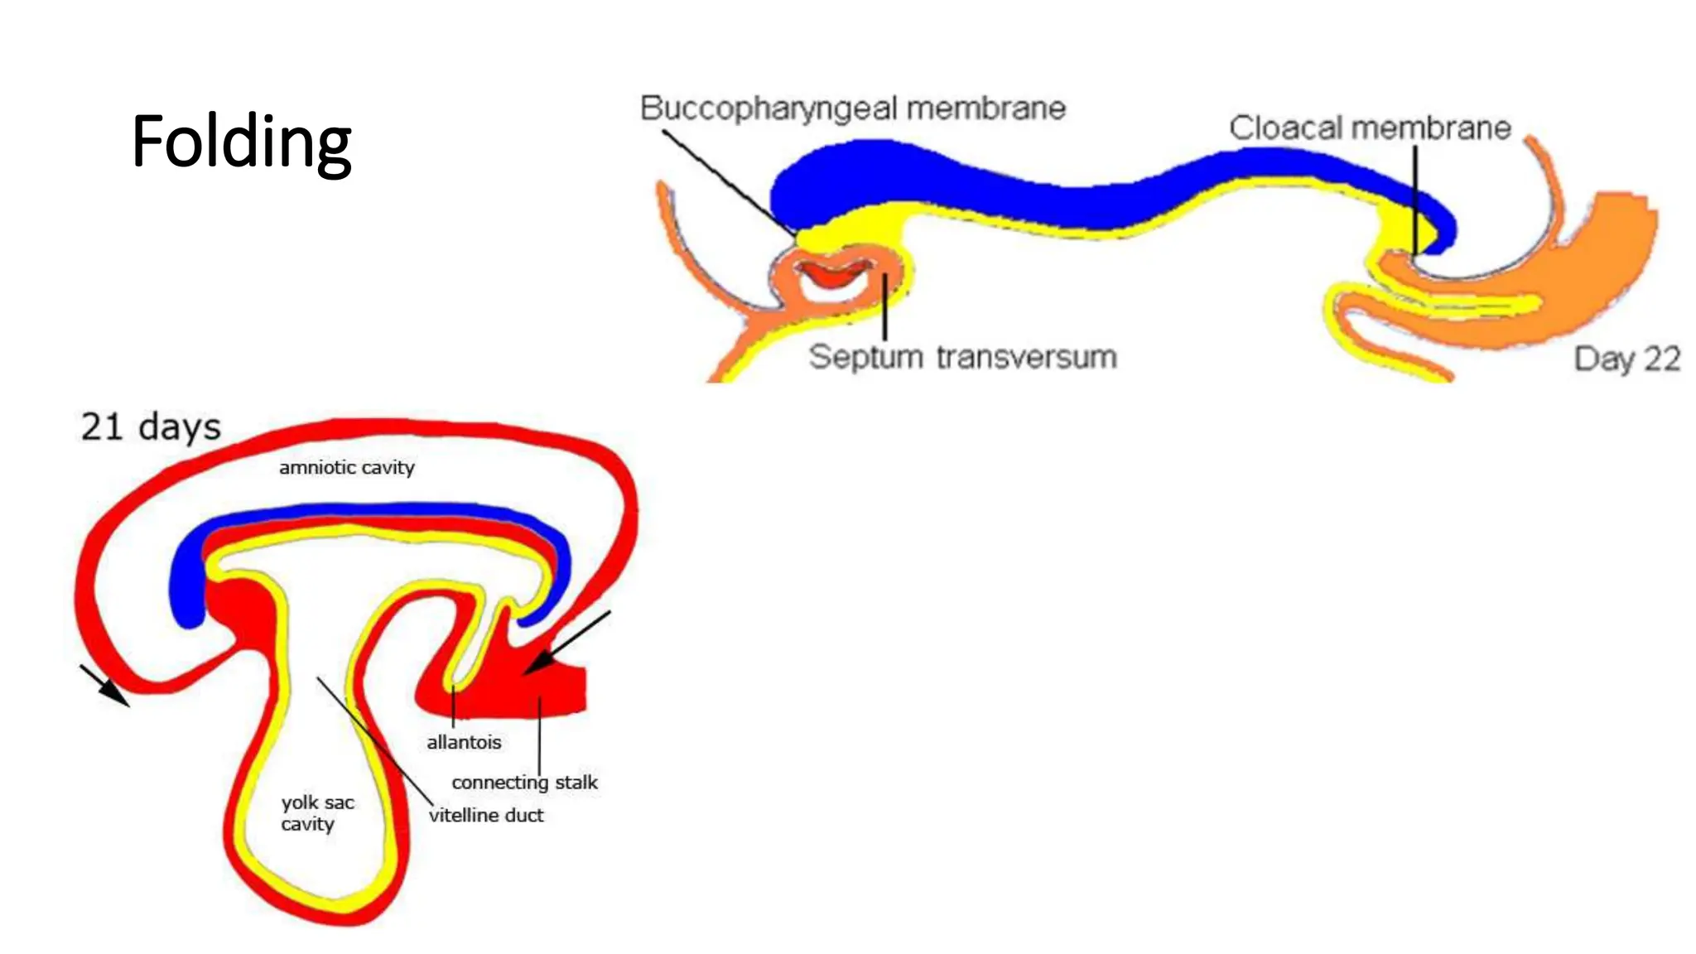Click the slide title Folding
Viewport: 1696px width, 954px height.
241,142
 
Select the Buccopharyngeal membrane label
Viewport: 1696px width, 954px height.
852,108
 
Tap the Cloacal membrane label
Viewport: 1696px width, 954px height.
1370,128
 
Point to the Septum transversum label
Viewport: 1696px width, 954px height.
962,357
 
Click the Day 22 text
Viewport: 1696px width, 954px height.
1626,359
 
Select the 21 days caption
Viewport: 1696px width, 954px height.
151,427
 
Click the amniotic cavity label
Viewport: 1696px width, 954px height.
346,468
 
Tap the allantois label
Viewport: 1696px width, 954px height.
464,742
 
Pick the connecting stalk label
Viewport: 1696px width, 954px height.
524,783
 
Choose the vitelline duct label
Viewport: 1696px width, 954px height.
486,816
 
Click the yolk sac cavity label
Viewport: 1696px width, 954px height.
316,813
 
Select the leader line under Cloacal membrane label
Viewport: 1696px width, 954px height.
1415,199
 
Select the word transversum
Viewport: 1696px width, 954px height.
1027,357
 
